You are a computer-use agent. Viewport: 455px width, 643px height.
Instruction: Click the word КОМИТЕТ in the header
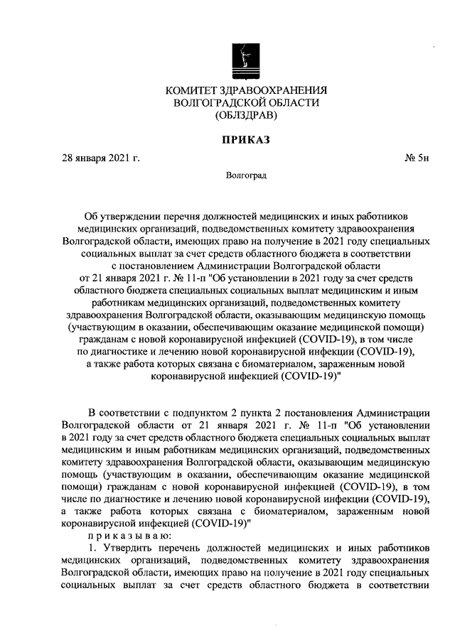click(192, 90)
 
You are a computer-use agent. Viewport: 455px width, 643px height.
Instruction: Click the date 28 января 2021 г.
click(101, 158)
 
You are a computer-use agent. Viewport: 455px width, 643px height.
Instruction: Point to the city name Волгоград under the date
click(245, 174)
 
